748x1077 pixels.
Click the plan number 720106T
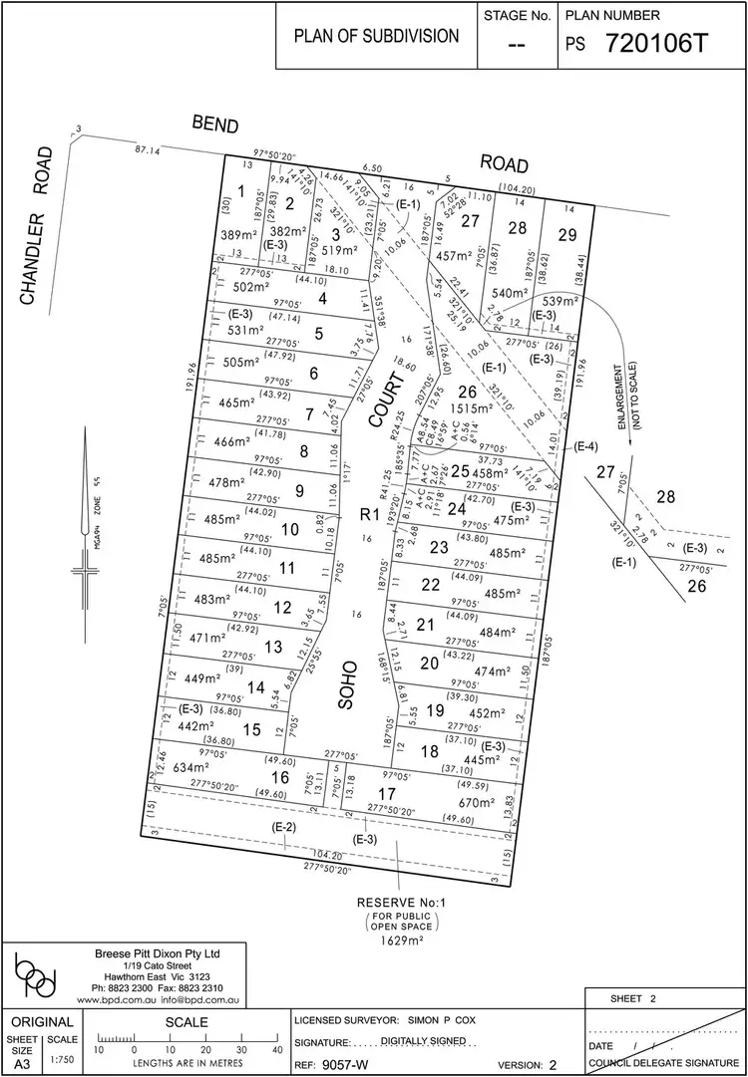(x=662, y=45)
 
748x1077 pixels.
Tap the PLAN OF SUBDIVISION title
(x=376, y=36)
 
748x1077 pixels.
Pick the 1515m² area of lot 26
(x=471, y=407)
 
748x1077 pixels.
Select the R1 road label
(x=368, y=515)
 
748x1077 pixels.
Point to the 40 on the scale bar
(x=276, y=1048)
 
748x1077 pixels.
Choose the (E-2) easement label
(x=284, y=827)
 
